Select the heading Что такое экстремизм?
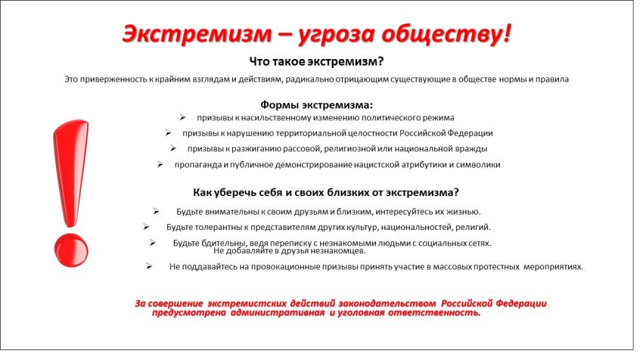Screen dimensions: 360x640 [x=318, y=61]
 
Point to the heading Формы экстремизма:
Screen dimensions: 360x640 [x=317, y=105]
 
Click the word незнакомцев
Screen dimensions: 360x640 [x=307, y=250]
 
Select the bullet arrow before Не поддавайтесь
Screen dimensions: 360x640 [x=151, y=266]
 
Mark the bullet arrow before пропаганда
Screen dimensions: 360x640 [x=160, y=164]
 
